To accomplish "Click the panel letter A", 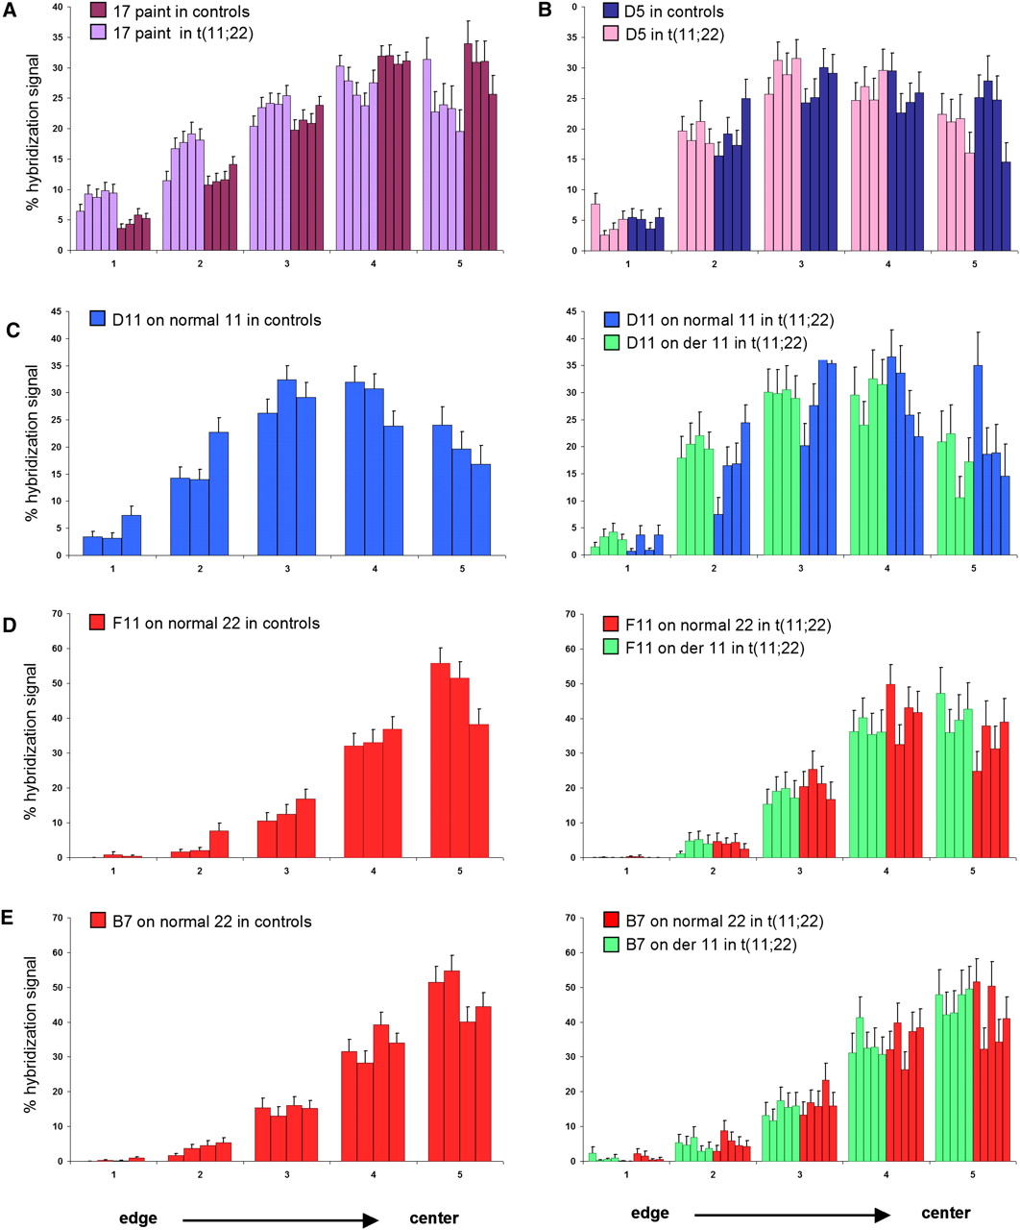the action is (x=9, y=11).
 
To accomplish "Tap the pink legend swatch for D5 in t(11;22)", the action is (x=610, y=33).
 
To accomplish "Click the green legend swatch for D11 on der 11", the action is (x=612, y=342).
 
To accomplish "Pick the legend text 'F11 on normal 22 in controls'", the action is (x=216, y=624).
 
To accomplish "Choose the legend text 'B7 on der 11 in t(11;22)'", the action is (x=711, y=945).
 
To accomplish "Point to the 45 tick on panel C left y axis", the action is (x=57, y=311).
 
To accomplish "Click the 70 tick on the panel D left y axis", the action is (x=57, y=614).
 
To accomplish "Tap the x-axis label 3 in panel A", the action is (x=287, y=264).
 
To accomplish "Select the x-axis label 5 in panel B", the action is (x=975, y=264).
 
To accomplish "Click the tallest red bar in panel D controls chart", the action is (x=440, y=760).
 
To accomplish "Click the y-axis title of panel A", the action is (x=32, y=132).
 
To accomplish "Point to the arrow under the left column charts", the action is (x=279, y=1218).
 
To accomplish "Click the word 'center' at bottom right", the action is (x=946, y=1213).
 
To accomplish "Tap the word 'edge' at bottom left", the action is (x=137, y=1218).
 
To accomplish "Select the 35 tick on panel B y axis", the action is (x=571, y=37).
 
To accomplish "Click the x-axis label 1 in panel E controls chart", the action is (x=113, y=1174).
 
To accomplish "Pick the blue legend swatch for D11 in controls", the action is (x=98, y=319).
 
